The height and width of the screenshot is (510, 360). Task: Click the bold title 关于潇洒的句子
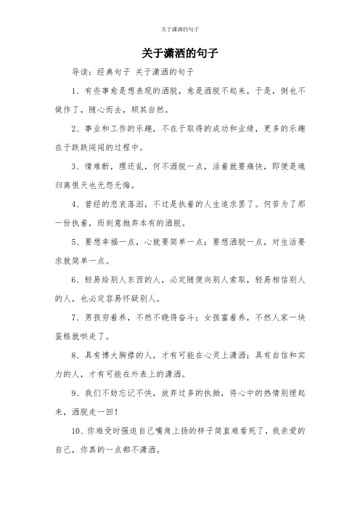(179, 54)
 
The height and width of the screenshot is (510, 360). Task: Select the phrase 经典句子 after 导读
(112, 73)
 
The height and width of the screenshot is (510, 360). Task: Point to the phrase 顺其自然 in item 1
(147, 113)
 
